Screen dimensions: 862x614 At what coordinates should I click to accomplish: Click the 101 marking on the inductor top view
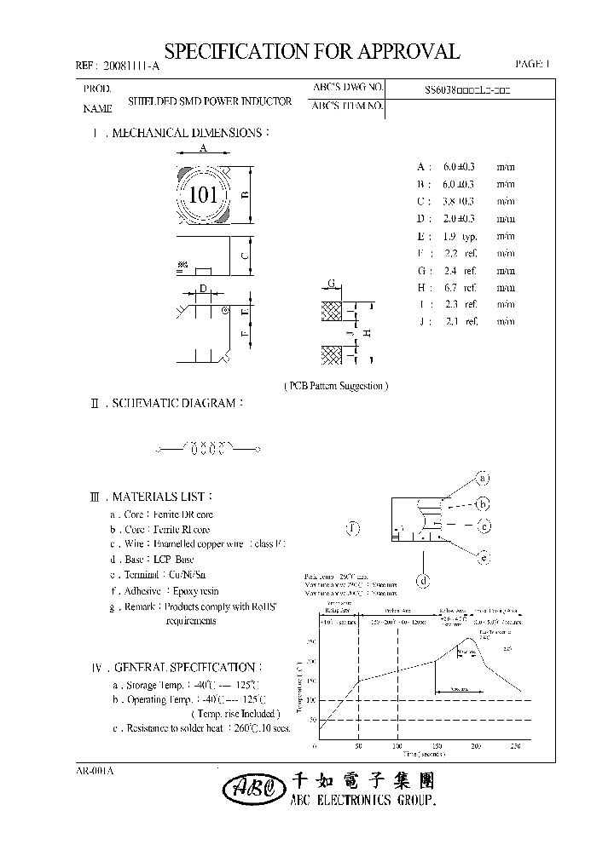tap(204, 195)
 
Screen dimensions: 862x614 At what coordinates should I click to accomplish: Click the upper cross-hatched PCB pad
tap(331, 312)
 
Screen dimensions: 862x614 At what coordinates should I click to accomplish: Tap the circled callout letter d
tap(422, 582)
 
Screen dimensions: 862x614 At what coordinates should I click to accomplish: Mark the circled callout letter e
tap(483, 558)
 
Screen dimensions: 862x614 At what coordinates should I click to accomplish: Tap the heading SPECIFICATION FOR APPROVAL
tap(312, 51)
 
